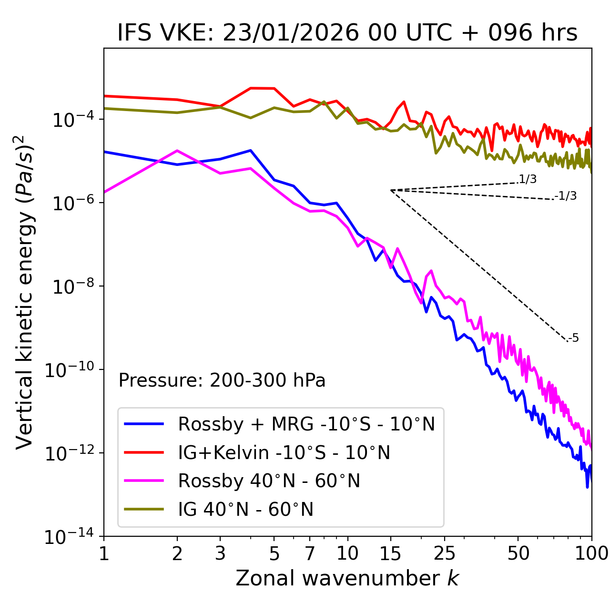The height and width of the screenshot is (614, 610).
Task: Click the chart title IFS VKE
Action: point(347,33)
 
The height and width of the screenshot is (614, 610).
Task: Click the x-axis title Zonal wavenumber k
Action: point(347,578)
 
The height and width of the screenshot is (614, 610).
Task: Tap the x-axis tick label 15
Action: point(390,553)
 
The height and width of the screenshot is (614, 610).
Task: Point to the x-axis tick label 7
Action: point(310,553)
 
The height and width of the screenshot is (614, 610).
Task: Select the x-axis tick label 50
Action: point(518,553)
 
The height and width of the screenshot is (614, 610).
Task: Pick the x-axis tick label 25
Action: point(444,553)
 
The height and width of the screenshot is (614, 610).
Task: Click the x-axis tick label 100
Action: point(591,553)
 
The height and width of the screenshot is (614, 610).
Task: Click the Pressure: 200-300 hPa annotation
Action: point(222,380)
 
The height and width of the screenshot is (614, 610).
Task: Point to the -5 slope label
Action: point(573,338)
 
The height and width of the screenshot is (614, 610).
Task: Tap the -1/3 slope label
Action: point(566,196)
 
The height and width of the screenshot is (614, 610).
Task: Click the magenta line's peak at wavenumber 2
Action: point(177,151)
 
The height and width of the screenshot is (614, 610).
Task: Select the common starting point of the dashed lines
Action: point(390,190)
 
